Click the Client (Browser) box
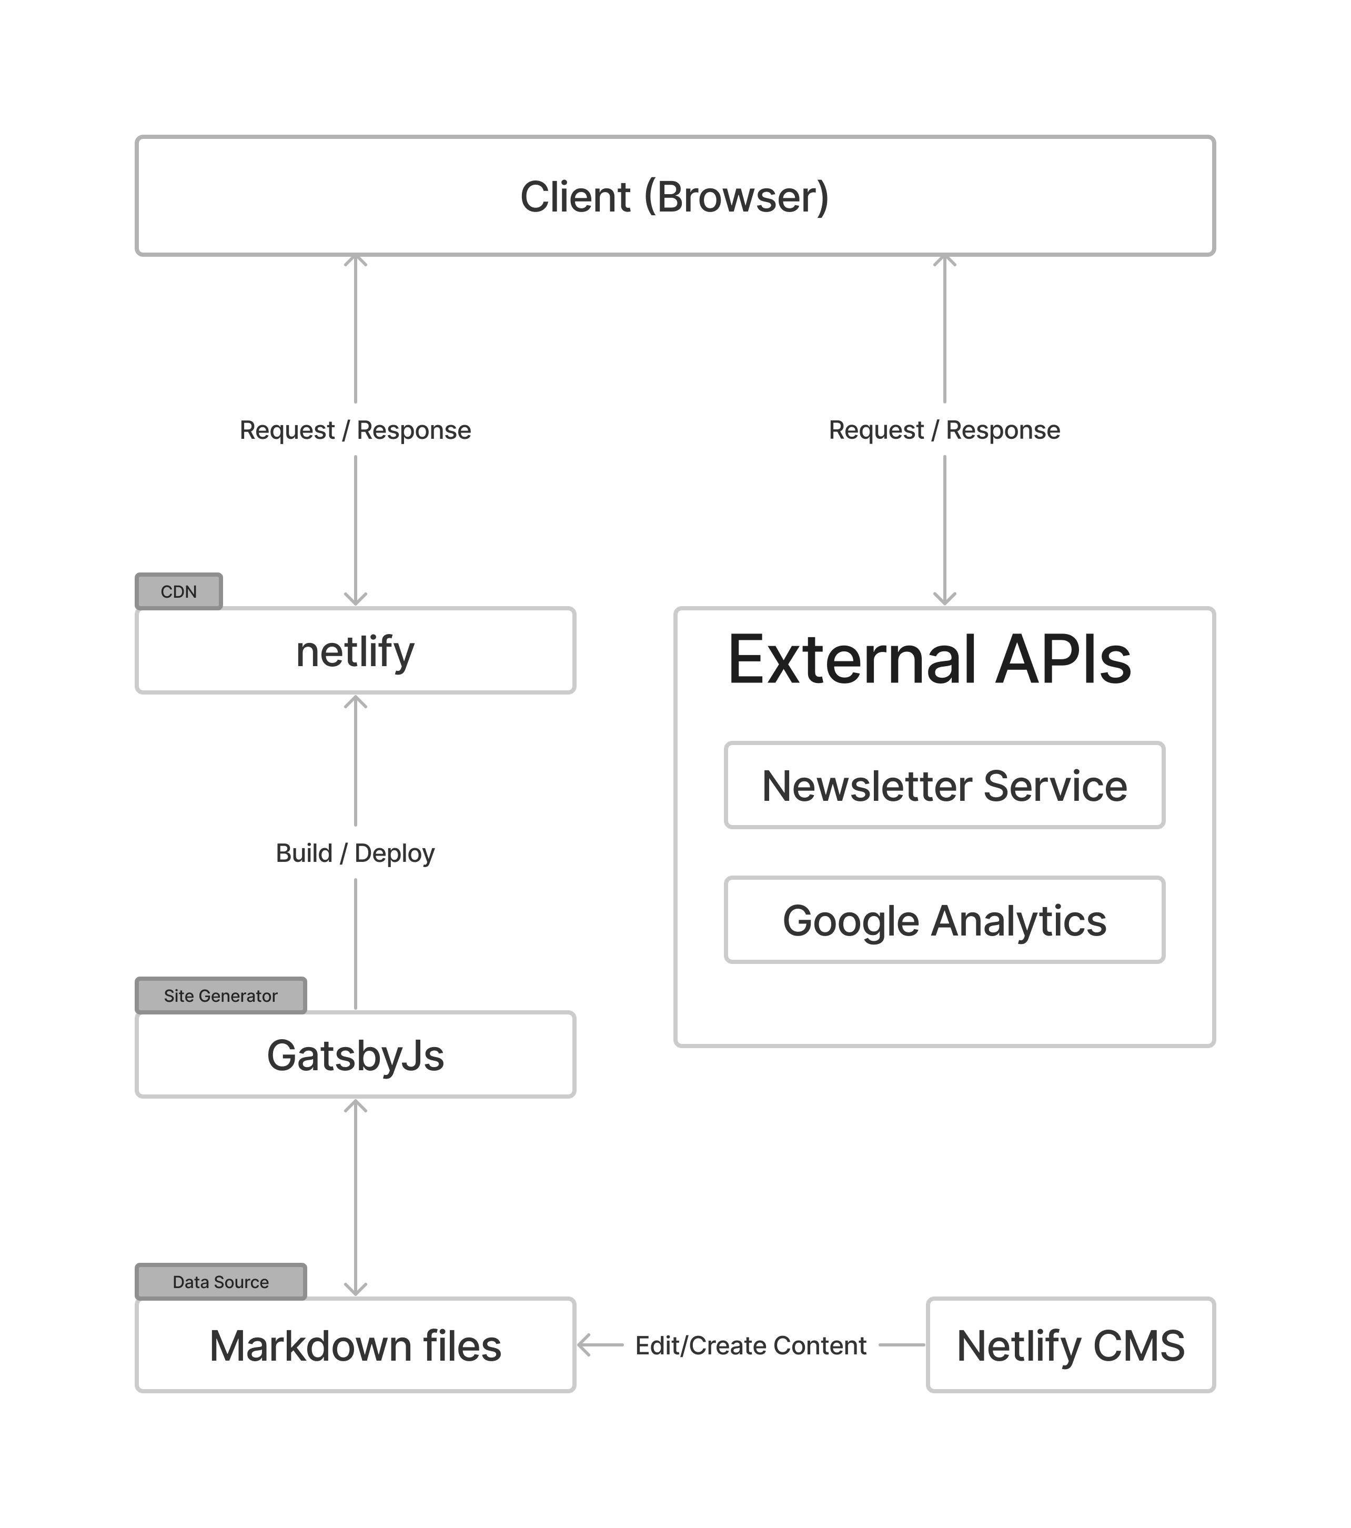[675, 196]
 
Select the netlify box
[355, 650]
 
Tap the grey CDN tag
[178, 591]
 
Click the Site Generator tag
[220, 996]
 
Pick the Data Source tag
[220, 1282]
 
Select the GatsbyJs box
[355, 1055]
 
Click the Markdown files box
[355, 1345]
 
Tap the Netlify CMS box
[1070, 1345]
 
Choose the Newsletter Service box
[944, 785]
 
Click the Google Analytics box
[944, 920]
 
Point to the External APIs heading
[929, 659]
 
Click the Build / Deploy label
[355, 853]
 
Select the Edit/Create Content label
[750, 1345]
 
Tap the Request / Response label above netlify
[355, 430]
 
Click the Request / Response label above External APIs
[944, 430]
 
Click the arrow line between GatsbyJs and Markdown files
[355, 1196]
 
